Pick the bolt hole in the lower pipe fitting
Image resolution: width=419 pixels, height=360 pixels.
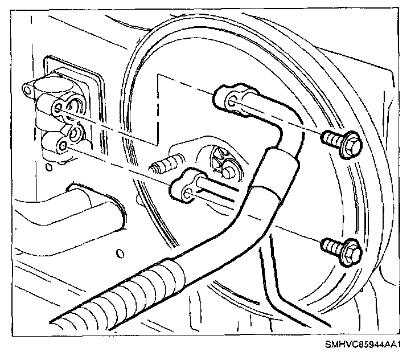tap(186, 197)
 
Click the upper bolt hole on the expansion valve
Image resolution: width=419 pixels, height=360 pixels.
tap(59, 108)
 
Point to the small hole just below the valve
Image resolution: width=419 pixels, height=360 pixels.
tap(50, 166)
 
